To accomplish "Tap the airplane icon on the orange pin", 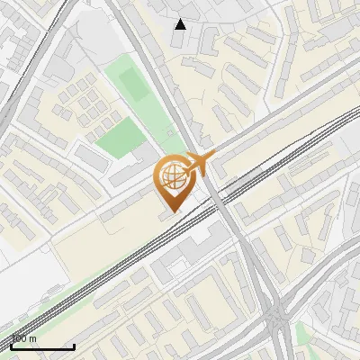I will pyautogui.click(x=199, y=164).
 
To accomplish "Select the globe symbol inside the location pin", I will pyautogui.click(x=171, y=177).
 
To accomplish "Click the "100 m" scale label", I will pyautogui.click(x=23, y=339).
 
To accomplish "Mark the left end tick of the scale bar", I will pyautogui.click(x=11, y=345).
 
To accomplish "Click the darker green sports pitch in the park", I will pyautogui.click(x=133, y=85).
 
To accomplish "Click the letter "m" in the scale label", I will pyautogui.click(x=33, y=339).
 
